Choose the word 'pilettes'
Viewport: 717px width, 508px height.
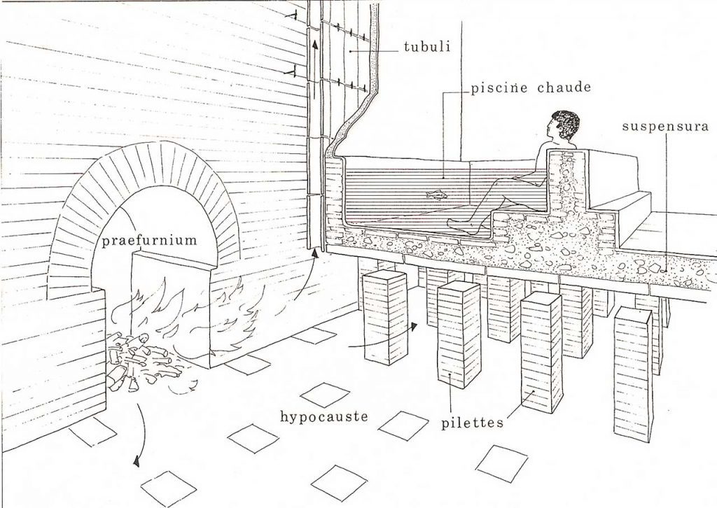(x=473, y=423)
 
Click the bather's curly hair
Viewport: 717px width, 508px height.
(x=564, y=125)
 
